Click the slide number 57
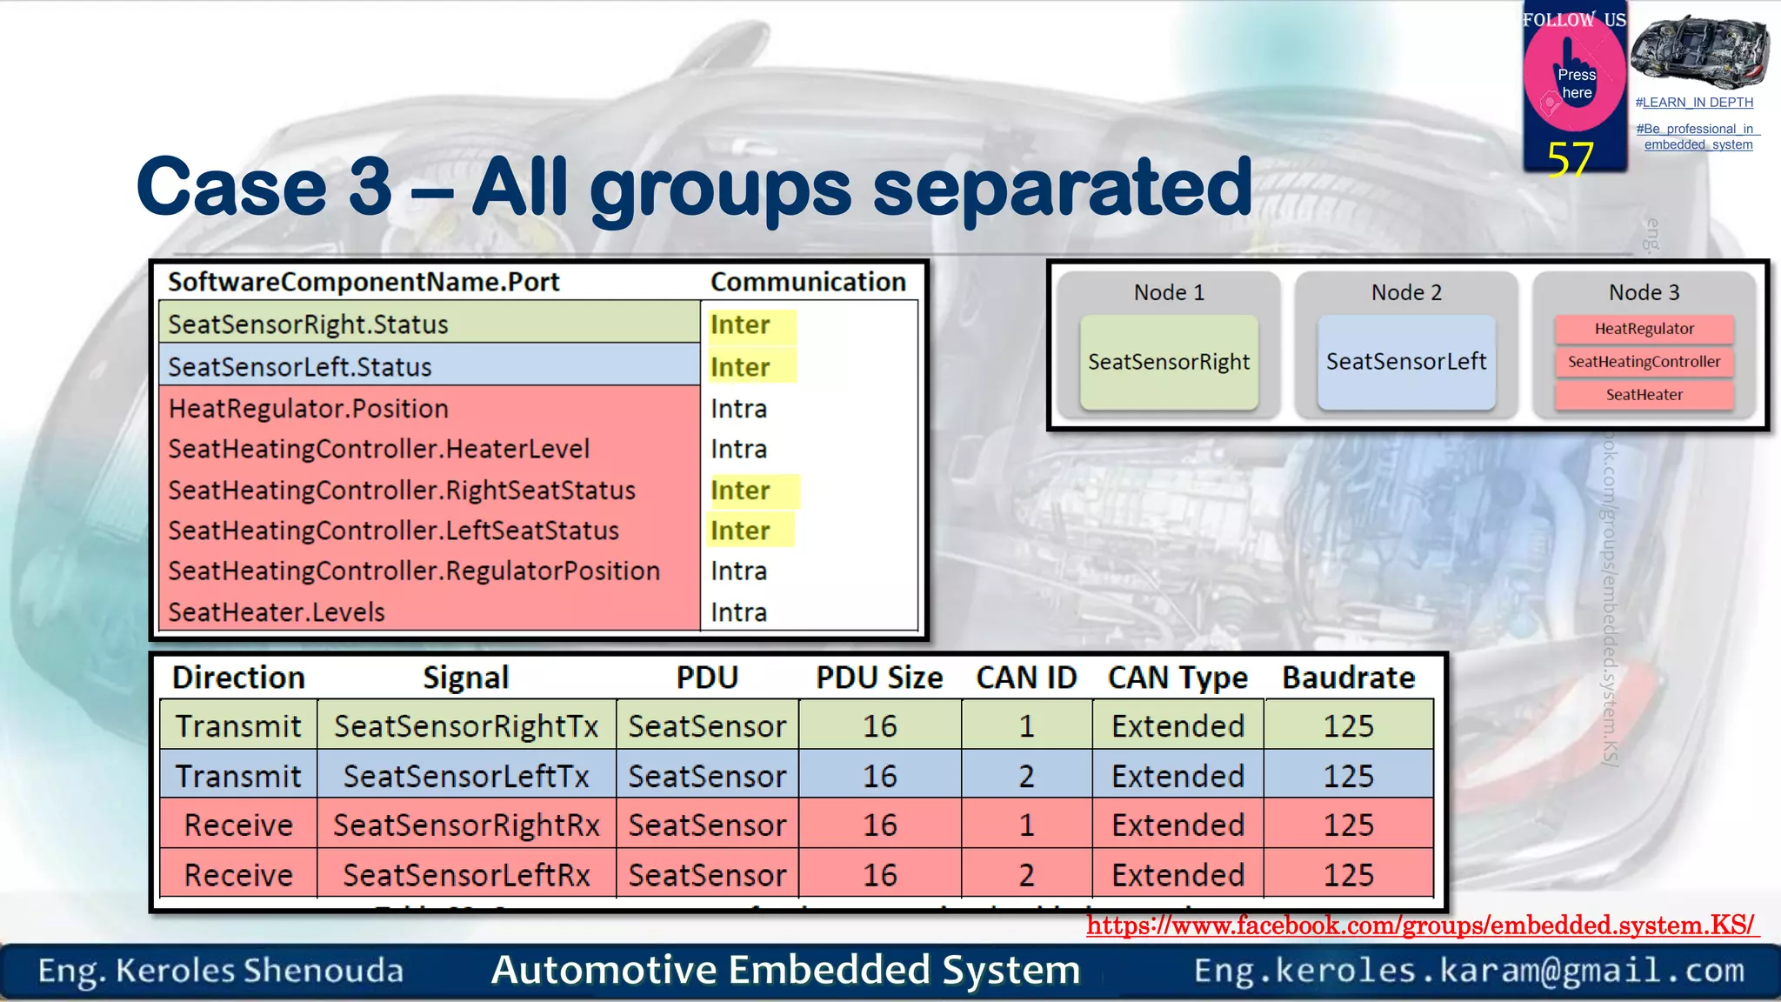pyautogui.click(x=1570, y=159)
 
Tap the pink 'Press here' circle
pyautogui.click(x=1575, y=78)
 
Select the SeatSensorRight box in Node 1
pyautogui.click(x=1168, y=362)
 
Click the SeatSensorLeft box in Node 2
pyautogui.click(x=1406, y=362)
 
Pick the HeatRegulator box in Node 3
pyautogui.click(x=1644, y=329)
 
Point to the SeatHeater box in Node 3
pyautogui.click(x=1644, y=395)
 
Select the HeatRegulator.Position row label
pyautogui.click(x=309, y=409)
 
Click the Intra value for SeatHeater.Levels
pyautogui.click(x=738, y=612)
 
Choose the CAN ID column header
pyautogui.click(x=1026, y=678)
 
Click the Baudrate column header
pyautogui.click(x=1348, y=678)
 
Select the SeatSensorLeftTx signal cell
pyautogui.click(x=466, y=776)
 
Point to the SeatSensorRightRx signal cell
pyautogui.click(x=466, y=825)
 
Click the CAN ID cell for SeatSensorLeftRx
pyautogui.click(x=1026, y=875)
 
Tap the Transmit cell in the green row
pyautogui.click(x=238, y=726)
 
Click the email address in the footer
pyautogui.click(x=1469, y=971)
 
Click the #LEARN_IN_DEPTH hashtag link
pyautogui.click(x=1694, y=103)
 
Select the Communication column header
pyautogui.click(x=808, y=282)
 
